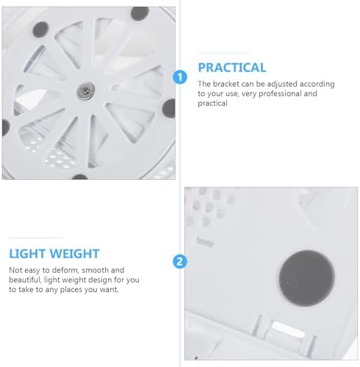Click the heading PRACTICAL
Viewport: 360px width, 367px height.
tap(232, 68)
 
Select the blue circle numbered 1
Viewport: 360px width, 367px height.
tap(180, 77)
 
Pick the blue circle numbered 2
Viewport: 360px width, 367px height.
tap(180, 261)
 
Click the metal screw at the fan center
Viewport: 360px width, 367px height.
tap(85, 91)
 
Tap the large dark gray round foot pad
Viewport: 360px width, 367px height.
tap(306, 278)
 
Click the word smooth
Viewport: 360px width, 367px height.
tap(95, 270)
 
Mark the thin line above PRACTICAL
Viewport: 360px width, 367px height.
tap(224, 53)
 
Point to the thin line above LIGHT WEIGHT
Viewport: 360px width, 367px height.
tap(35, 238)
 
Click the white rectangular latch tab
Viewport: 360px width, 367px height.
tap(288, 329)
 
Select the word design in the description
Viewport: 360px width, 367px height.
tap(98, 280)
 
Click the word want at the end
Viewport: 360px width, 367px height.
tap(109, 290)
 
